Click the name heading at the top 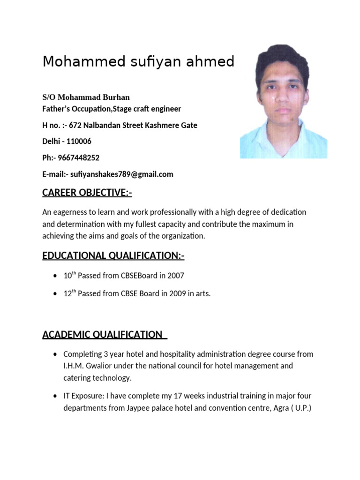[138, 61]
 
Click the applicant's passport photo [283, 101]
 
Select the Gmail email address [121, 174]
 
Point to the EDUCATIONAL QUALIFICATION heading [113, 255]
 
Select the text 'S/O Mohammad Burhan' [86, 97]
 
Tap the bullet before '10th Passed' [56, 276]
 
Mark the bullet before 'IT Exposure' [56, 396]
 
